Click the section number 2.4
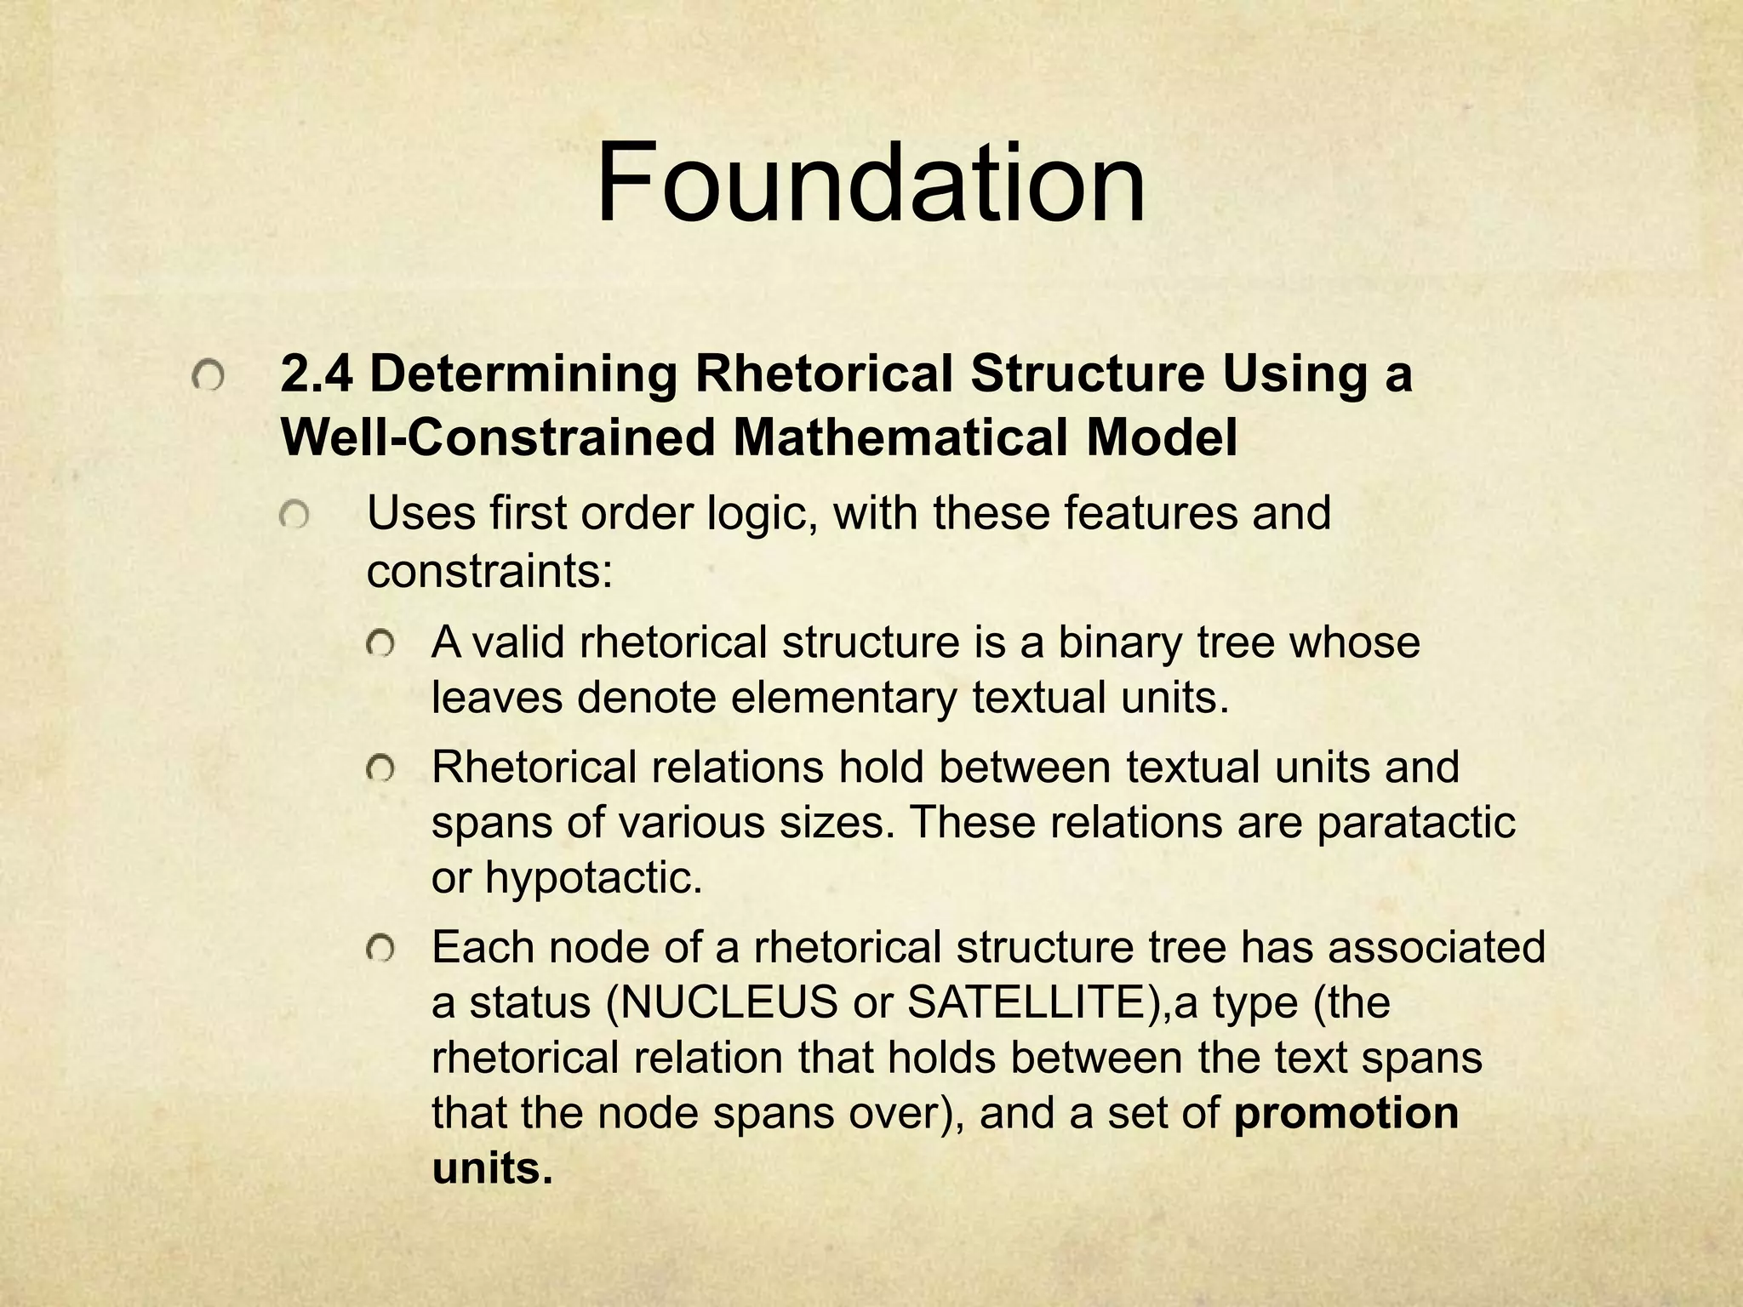(x=316, y=374)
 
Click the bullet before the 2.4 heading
(x=208, y=376)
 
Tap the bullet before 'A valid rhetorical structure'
(x=380, y=644)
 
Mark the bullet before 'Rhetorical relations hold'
(x=380, y=770)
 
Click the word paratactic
(x=1416, y=822)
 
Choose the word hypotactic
(x=593, y=877)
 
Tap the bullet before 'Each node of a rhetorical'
(x=380, y=950)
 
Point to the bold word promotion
(x=1346, y=1113)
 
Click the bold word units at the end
(x=486, y=1168)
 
